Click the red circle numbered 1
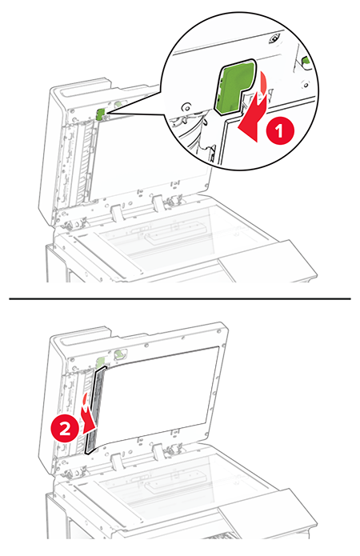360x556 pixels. pyautogui.click(x=280, y=131)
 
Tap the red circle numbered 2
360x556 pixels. pyautogui.click(x=65, y=430)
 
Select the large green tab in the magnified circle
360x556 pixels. pyautogui.click(x=234, y=86)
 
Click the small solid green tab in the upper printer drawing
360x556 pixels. pyautogui.click(x=100, y=114)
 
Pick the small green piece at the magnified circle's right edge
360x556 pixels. pyautogui.click(x=306, y=62)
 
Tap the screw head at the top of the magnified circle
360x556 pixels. pyautogui.click(x=275, y=38)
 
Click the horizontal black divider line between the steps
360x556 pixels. pyautogui.click(x=180, y=299)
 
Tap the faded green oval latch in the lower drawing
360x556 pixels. pyautogui.click(x=119, y=353)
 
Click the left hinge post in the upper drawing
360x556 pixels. pyautogui.click(x=116, y=214)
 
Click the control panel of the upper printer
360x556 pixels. pyautogui.click(x=267, y=262)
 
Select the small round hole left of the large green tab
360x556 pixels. pyautogui.click(x=185, y=106)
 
